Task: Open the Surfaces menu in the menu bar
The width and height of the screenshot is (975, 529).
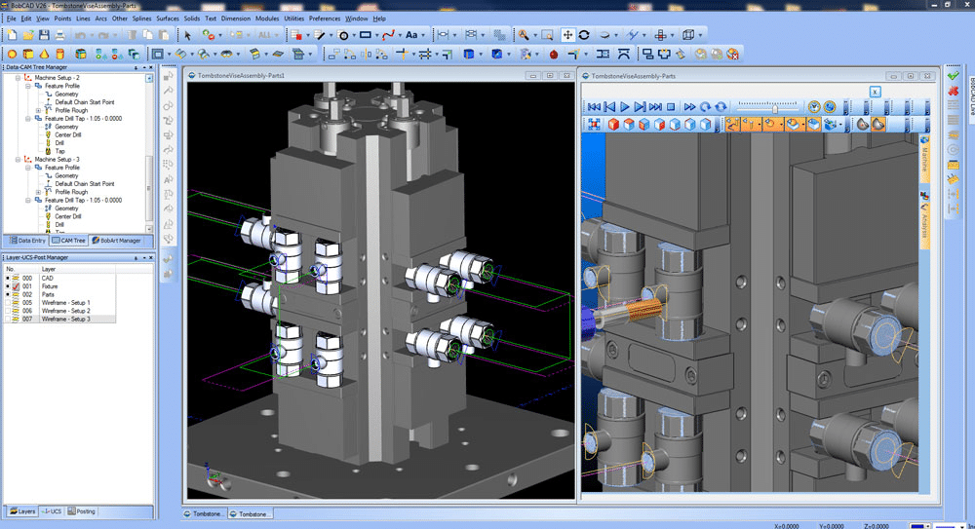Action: (x=167, y=19)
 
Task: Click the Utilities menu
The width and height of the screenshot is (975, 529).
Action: (x=293, y=19)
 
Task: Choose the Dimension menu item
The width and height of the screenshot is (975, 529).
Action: (x=235, y=19)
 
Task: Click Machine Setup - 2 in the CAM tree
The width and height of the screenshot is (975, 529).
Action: (x=58, y=77)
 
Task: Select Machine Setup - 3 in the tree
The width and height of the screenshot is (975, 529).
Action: (x=58, y=159)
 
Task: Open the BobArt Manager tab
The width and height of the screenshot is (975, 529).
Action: (x=119, y=240)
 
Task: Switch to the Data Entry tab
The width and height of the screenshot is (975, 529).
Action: (x=26, y=240)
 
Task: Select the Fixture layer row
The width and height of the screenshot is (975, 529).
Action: (x=49, y=286)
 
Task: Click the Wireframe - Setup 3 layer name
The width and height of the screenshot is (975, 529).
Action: (x=65, y=319)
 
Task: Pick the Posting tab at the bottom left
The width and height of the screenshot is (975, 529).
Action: (x=85, y=511)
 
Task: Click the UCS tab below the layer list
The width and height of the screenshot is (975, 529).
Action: (x=55, y=511)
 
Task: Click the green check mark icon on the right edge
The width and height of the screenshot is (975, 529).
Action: (x=953, y=74)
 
